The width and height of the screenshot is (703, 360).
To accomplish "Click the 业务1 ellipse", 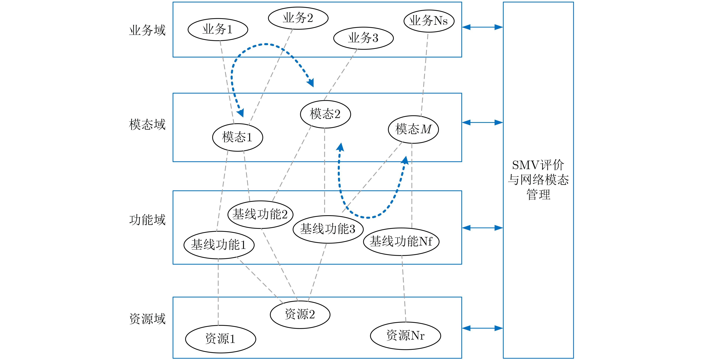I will point(218,29).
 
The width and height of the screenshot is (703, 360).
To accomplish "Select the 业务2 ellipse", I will point(298,18).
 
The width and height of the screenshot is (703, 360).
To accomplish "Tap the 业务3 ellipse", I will point(363,38).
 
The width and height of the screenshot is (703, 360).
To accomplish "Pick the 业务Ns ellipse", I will point(429,21).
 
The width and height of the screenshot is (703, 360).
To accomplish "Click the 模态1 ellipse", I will point(237,137).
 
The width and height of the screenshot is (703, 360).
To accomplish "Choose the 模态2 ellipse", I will point(325,114).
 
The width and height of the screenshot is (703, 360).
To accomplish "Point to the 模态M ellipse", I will point(413,129).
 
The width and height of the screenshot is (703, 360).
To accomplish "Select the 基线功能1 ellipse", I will point(219,245).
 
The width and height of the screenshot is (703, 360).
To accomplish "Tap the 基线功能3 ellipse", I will point(328,229).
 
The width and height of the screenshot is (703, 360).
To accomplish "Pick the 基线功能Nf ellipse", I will point(401,241).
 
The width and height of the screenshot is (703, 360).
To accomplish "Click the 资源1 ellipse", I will point(221,339).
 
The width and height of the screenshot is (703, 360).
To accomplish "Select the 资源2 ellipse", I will point(300,314).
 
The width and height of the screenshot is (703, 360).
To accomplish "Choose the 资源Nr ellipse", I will point(405,335).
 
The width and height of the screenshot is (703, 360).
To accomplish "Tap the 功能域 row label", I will point(147,220).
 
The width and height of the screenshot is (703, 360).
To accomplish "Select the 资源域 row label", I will point(147,319).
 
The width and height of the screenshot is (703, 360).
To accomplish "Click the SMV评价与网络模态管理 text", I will point(538,180).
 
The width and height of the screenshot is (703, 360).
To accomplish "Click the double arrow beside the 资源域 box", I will point(482,328).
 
